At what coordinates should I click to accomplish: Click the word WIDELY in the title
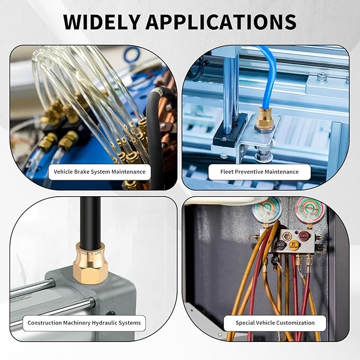point(102,22)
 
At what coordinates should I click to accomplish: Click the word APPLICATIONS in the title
point(221,22)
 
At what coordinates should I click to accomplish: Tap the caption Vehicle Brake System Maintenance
point(100,172)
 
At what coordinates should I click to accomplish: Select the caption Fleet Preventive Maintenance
point(259,172)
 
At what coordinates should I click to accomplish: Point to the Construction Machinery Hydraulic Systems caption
point(84,323)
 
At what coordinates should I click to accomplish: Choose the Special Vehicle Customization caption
point(275,323)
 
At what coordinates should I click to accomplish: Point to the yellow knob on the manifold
point(293,245)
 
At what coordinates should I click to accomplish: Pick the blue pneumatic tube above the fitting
point(268,76)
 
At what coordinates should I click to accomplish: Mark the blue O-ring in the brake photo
point(132,56)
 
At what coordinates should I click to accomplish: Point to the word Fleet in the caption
point(227,172)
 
